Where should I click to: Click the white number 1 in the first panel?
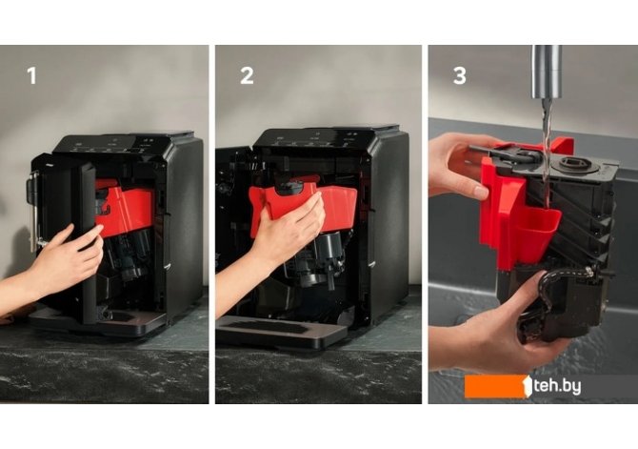tap(32, 75)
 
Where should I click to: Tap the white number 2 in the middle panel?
tap(247, 75)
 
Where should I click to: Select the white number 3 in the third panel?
tap(459, 75)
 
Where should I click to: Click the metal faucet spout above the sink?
tap(547, 71)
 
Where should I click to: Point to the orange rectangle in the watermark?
tap(495, 386)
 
